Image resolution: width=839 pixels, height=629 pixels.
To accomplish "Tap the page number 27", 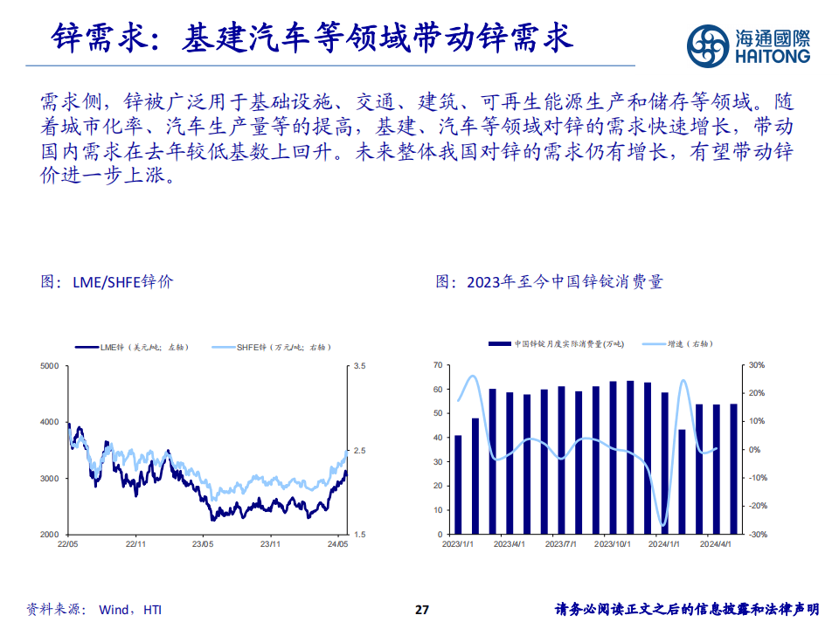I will coord(422,609).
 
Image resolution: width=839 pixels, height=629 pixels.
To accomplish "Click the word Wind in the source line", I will coord(115,610).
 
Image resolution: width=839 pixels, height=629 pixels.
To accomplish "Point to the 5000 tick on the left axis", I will coord(49,366).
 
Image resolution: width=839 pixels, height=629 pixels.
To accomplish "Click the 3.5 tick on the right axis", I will coord(359,366).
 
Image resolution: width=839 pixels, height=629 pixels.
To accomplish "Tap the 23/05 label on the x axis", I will coord(203,544).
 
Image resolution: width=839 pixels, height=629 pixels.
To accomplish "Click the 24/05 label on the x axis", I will coord(337,544).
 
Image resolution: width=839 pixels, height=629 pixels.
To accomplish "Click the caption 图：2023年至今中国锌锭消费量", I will coord(550,282).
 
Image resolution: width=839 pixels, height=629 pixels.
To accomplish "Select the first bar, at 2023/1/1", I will coord(458,485).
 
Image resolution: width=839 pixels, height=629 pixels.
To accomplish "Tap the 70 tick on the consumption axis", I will coord(438,366).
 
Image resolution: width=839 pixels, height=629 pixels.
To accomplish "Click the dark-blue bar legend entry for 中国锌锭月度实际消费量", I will coord(559,344).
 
